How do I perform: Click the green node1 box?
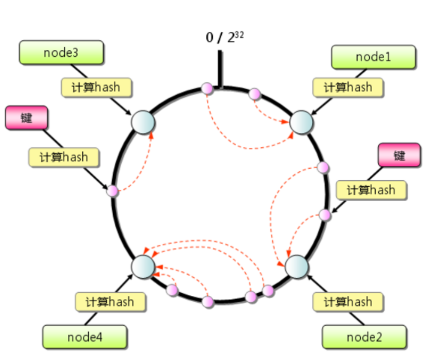point(373,57)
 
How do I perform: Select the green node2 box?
point(364,337)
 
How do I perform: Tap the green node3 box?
point(61,53)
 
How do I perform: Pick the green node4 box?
point(85,337)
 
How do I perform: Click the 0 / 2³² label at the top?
point(225,38)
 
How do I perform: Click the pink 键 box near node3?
point(26,118)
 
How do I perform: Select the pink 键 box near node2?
point(399,155)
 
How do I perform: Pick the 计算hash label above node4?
point(110,302)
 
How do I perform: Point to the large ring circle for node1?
point(301,122)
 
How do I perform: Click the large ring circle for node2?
point(297,265)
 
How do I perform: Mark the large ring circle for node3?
point(143,122)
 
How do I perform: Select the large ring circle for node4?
point(144,265)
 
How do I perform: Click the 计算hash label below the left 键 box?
point(64,157)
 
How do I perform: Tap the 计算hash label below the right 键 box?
point(371,190)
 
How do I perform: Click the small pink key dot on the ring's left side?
point(114,191)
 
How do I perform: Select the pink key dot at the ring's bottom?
point(208,301)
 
